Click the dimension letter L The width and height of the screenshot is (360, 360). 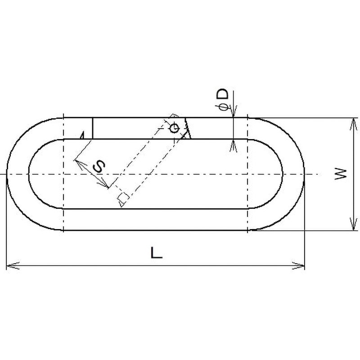click(156, 252)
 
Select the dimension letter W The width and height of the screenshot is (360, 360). click(341, 174)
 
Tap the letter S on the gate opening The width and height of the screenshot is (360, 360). click(99, 166)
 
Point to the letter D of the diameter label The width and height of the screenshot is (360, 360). click(223, 94)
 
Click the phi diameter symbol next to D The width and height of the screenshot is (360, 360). click(223, 107)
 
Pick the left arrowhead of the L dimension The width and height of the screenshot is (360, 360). click(13, 265)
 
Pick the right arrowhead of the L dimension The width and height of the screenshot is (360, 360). click(298, 265)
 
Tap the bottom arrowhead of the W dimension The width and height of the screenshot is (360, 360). click(353, 224)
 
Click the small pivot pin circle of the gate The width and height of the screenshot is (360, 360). click(174, 128)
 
